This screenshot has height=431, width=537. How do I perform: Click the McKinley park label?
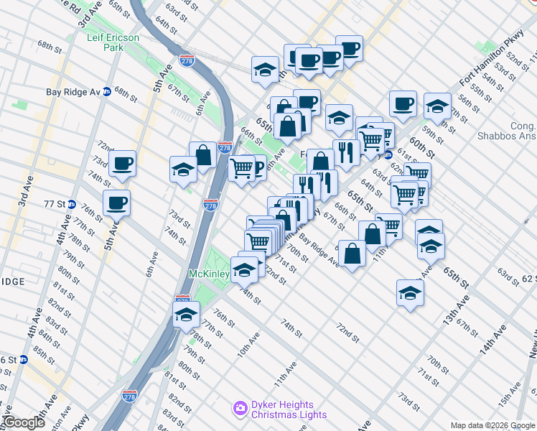tap(209, 274)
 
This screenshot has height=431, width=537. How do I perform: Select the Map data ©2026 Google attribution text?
tap(492, 425)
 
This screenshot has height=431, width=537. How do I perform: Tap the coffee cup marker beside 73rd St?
tap(122, 164)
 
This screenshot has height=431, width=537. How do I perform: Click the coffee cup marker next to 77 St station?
tap(116, 203)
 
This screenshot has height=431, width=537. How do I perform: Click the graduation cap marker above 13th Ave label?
tap(410, 293)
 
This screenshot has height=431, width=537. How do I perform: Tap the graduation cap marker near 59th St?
tap(437, 106)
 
